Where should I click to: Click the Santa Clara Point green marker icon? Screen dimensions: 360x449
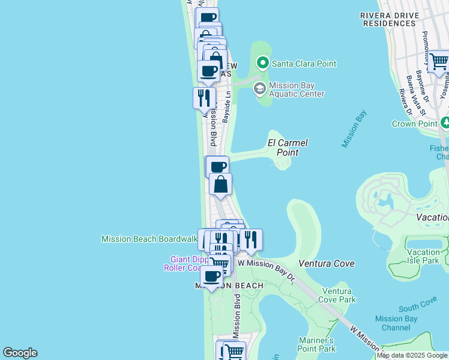262,62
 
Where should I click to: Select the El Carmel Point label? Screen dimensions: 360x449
288,148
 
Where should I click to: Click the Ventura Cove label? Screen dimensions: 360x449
327,263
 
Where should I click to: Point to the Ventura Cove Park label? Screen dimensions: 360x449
339,295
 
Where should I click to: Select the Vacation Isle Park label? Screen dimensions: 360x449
423,256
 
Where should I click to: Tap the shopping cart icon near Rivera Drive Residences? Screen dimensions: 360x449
439,62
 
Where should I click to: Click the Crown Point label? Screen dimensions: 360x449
413,124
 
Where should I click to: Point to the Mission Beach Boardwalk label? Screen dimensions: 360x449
149,239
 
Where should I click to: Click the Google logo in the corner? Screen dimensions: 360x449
20,353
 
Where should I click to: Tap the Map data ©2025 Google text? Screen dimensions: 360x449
412,356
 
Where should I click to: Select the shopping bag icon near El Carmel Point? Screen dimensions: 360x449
220,184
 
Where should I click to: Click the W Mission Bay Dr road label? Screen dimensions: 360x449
267,263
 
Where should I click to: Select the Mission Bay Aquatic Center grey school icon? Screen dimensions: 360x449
259,89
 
